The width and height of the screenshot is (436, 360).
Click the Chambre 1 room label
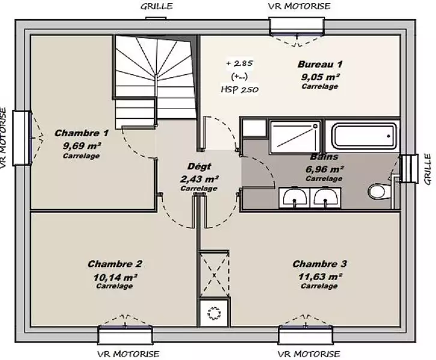82,133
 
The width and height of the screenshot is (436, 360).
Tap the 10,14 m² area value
115,277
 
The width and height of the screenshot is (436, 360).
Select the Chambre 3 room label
319,263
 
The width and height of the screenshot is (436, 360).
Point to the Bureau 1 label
319,64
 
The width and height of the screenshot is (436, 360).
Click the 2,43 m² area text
199,179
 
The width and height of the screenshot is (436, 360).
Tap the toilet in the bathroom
378,191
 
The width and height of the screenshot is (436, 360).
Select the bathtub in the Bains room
365,136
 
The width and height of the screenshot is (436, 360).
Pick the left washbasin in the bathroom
294,197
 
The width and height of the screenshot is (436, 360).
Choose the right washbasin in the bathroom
325,197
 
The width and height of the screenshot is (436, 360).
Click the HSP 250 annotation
240,89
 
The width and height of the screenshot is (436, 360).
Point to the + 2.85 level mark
240,64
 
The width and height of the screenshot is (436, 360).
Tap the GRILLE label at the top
157,6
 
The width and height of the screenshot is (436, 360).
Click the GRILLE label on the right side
428,169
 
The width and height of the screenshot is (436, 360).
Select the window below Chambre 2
125,334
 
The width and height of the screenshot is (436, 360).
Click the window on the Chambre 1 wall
22,138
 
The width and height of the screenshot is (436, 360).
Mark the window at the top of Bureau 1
297,26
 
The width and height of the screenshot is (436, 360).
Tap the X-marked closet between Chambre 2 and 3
214,274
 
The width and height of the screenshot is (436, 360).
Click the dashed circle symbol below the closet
214,313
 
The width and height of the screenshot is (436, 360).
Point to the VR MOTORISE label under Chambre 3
309,354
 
